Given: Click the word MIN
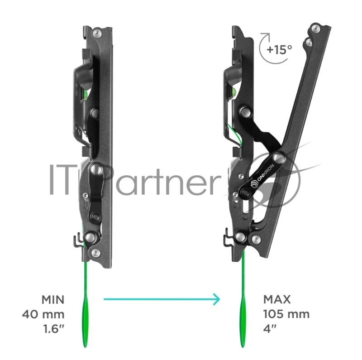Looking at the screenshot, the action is point(53,300).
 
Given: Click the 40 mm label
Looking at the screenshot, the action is point(43,314).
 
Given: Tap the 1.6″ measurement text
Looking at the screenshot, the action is point(54,329).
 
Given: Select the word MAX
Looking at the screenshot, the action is point(277,299).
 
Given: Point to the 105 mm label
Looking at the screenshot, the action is point(286,314).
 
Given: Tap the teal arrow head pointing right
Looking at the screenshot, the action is point(217,299).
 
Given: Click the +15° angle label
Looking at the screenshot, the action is point(279,49).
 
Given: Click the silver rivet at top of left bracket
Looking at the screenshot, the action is point(97,33).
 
